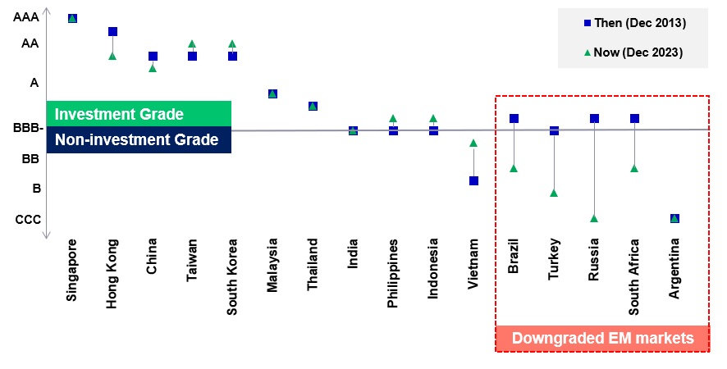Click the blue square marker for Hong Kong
click(x=112, y=31)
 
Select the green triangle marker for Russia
click(x=594, y=218)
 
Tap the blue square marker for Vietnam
click(x=473, y=180)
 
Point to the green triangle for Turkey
click(x=554, y=193)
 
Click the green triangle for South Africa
click(x=634, y=168)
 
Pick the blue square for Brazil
click(x=514, y=119)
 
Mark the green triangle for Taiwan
click(x=192, y=44)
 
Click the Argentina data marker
click(x=674, y=218)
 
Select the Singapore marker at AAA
click(x=72, y=19)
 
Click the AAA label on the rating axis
click(x=26, y=17)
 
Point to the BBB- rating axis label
click(x=28, y=128)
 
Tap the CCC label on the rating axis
click(x=28, y=219)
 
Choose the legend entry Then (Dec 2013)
click(x=635, y=23)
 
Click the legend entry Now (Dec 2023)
click(x=633, y=52)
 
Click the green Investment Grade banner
click(x=139, y=114)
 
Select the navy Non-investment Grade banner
click(x=139, y=139)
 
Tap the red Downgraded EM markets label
click(x=603, y=339)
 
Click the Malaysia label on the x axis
click(x=272, y=265)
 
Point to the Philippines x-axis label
click(x=393, y=274)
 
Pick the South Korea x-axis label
click(x=232, y=277)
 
